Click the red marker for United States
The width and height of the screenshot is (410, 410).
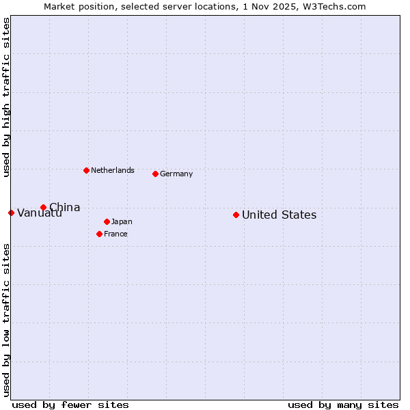[236, 215]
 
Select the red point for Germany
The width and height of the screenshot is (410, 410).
[155, 174]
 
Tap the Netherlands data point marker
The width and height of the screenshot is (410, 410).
[86, 170]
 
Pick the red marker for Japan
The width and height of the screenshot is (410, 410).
[107, 221]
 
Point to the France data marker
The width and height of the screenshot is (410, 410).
[99, 234]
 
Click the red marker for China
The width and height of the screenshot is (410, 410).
[43, 207]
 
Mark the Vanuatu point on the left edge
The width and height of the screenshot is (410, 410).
[11, 213]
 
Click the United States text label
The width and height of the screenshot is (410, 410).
[279, 215]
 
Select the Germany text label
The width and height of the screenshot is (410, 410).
[176, 174]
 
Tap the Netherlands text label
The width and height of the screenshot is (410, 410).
[112, 170]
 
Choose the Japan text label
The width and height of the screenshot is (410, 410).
[122, 221]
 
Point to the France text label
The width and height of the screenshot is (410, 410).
[115, 234]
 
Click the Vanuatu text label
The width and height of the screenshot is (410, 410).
[39, 213]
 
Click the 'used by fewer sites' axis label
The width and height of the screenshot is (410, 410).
[70, 405]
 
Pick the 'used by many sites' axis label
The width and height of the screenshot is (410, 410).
[343, 405]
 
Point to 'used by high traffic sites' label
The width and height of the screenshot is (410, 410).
[6, 97]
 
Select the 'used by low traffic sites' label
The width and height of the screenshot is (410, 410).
[6, 320]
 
